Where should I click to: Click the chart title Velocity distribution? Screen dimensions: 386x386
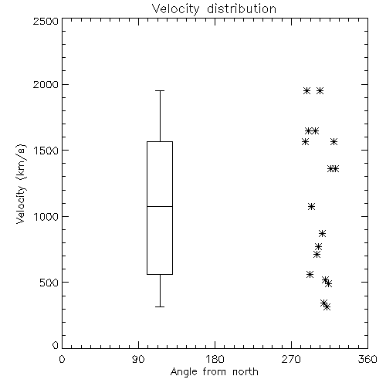click(214, 9)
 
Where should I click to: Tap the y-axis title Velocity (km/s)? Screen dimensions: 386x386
click(21, 184)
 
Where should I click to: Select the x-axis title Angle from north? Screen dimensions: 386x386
click(214, 372)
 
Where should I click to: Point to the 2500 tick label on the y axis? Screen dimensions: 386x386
click(46, 21)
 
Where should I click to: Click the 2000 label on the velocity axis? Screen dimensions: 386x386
click(46, 84)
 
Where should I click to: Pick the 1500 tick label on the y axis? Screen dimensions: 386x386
click(46, 151)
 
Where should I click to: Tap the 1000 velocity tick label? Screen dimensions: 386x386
click(46, 217)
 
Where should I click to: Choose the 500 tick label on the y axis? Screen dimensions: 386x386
click(49, 283)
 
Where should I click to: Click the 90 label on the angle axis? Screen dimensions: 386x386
click(138, 359)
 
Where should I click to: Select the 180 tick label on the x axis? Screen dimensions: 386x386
click(215, 359)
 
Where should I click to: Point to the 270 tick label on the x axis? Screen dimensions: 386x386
click(291, 359)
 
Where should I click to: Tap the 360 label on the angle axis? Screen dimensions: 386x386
click(367, 359)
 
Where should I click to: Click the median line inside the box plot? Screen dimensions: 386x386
click(160, 206)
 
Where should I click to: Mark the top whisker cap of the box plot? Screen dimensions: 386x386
click(160, 90)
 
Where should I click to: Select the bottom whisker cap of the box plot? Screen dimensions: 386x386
click(160, 306)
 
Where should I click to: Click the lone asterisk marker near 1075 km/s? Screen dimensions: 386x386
click(312, 206)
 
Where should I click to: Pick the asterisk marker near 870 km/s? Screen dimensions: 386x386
click(323, 234)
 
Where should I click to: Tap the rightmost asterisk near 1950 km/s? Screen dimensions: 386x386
click(320, 90)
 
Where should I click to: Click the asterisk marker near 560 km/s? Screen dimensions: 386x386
click(310, 274)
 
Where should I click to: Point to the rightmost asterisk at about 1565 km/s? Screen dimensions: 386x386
click(334, 141)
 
